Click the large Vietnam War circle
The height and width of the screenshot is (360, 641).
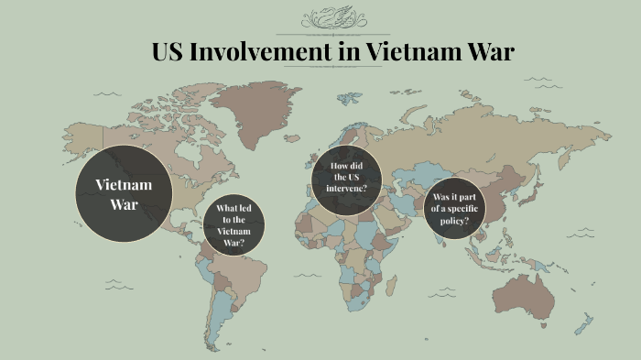click(124, 194)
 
